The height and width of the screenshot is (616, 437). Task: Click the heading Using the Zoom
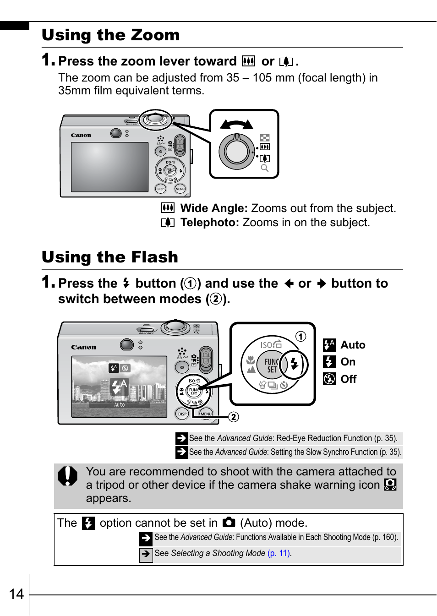tap(110, 35)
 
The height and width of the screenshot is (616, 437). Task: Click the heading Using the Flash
tap(109, 257)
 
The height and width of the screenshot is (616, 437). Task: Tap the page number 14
tap(16, 594)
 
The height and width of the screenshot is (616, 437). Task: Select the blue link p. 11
tap(279, 553)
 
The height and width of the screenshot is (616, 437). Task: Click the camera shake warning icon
tap(390, 485)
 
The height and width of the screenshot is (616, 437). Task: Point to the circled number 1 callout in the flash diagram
tap(300, 337)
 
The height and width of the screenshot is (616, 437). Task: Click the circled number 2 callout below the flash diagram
tap(234, 417)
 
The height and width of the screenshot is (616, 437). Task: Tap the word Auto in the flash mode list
tap(353, 345)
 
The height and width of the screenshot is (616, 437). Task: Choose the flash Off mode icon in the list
tap(329, 379)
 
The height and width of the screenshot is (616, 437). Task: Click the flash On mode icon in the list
tap(329, 362)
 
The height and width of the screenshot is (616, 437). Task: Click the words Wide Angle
tap(213, 208)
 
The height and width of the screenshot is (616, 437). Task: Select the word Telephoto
tap(209, 223)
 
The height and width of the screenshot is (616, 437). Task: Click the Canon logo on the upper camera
tap(81, 135)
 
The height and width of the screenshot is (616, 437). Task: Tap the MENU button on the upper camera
tap(180, 189)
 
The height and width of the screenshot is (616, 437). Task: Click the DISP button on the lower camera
tap(182, 414)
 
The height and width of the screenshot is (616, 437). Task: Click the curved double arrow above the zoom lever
tap(236, 124)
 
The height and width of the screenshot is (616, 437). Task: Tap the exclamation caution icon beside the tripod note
tap(68, 476)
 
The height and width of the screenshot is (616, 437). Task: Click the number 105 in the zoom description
tap(262, 78)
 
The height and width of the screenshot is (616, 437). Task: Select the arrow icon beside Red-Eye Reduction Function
tap(181, 438)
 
